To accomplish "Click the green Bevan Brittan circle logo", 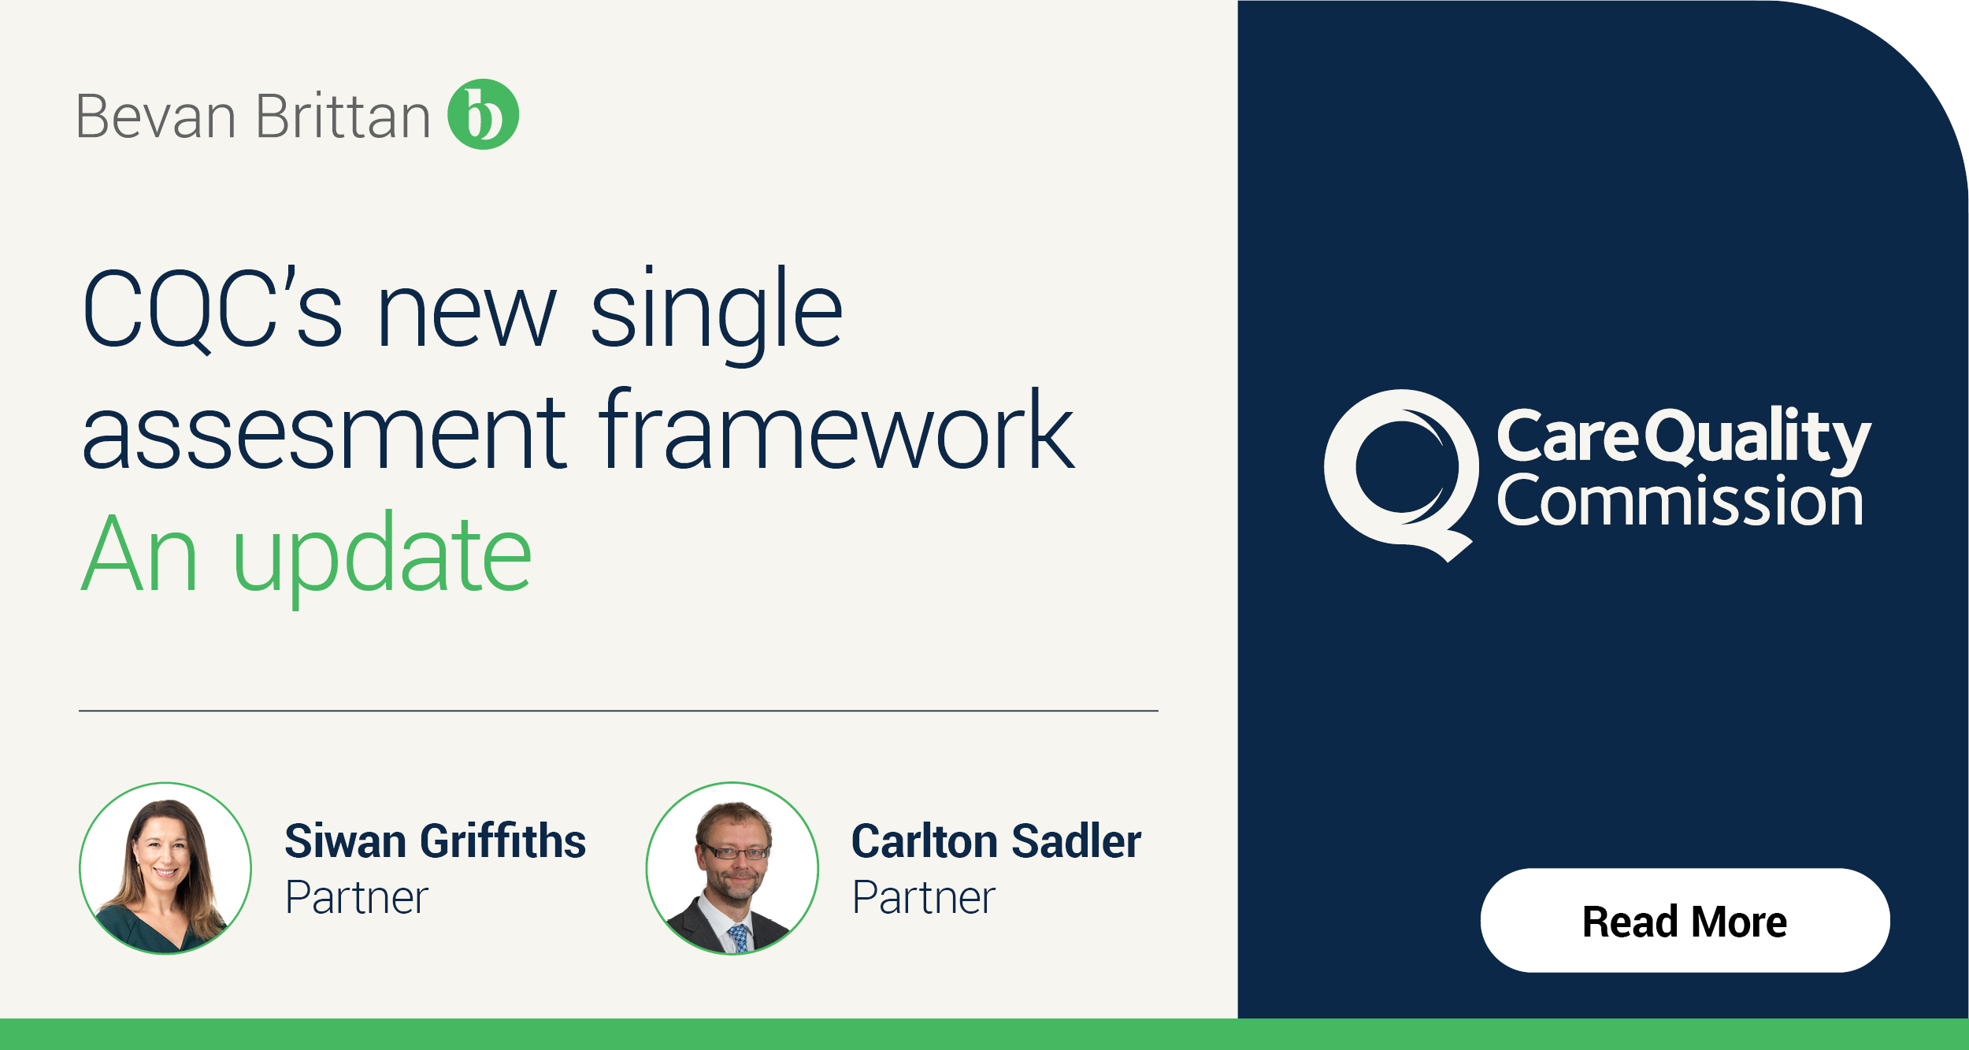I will click(483, 114).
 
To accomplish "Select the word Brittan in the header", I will click(343, 117).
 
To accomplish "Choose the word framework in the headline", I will click(836, 432).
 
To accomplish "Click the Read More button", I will click(1685, 921).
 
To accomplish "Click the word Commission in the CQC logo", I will click(1680, 502).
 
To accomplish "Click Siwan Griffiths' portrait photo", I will click(165, 868).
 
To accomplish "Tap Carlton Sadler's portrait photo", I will click(732, 868).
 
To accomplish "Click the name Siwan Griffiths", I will click(435, 840).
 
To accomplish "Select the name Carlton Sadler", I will click(996, 840).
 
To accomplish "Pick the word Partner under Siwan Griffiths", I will click(357, 897).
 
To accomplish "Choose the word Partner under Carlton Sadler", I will click(924, 897).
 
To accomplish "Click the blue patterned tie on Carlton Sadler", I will click(739, 938).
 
